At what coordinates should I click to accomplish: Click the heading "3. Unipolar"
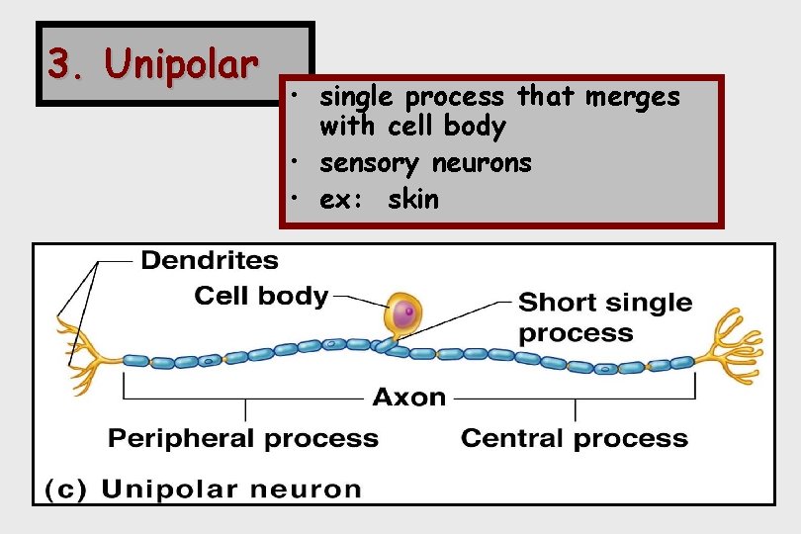pos(152,65)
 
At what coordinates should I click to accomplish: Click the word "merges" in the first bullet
pos(633,97)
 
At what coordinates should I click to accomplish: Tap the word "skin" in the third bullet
pos(413,199)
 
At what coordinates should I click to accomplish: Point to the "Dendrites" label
pos(210,260)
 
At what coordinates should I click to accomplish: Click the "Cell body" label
pos(261,295)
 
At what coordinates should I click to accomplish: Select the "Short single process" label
pos(604,316)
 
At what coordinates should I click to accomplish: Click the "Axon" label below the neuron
pos(408,398)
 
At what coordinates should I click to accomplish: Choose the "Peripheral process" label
pos(243,438)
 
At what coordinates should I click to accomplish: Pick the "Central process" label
pos(574,438)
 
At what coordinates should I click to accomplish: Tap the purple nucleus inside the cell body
pos(402,314)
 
